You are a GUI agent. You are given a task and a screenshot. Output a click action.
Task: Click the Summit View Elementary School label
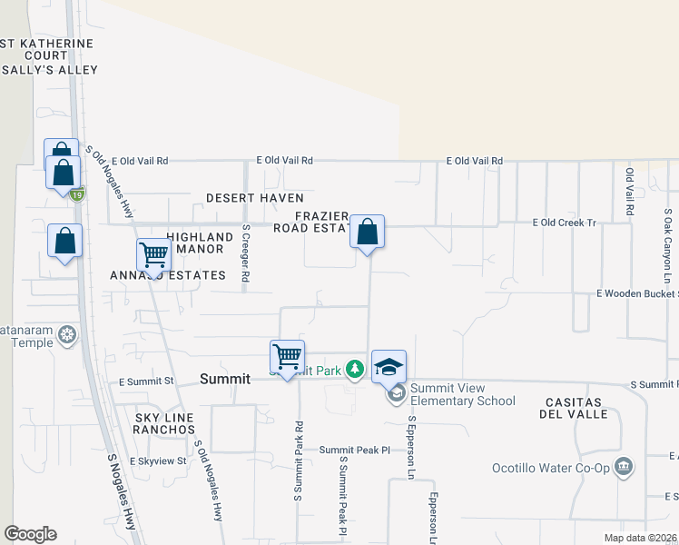[x=462, y=394]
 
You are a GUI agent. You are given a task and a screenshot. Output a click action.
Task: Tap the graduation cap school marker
[x=389, y=367]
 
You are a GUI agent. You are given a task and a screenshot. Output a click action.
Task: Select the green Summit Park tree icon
[x=355, y=370]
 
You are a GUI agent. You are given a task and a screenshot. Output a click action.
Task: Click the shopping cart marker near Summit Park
[x=287, y=357]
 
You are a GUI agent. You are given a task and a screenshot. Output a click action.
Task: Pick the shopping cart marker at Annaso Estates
[x=154, y=255]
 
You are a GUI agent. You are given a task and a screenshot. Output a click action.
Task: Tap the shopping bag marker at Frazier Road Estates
[x=367, y=232]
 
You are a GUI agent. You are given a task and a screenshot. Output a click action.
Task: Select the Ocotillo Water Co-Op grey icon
[x=623, y=468]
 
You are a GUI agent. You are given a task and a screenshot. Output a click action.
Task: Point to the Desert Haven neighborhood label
[x=254, y=197]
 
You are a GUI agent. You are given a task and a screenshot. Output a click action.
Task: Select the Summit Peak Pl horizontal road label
[x=354, y=450]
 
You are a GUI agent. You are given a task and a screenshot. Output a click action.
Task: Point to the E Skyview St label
[x=157, y=461]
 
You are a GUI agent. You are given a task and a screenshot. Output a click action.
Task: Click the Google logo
[x=30, y=534]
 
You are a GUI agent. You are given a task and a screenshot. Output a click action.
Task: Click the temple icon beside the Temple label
[x=66, y=335]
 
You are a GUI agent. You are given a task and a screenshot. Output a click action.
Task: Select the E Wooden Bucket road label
[x=635, y=293]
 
